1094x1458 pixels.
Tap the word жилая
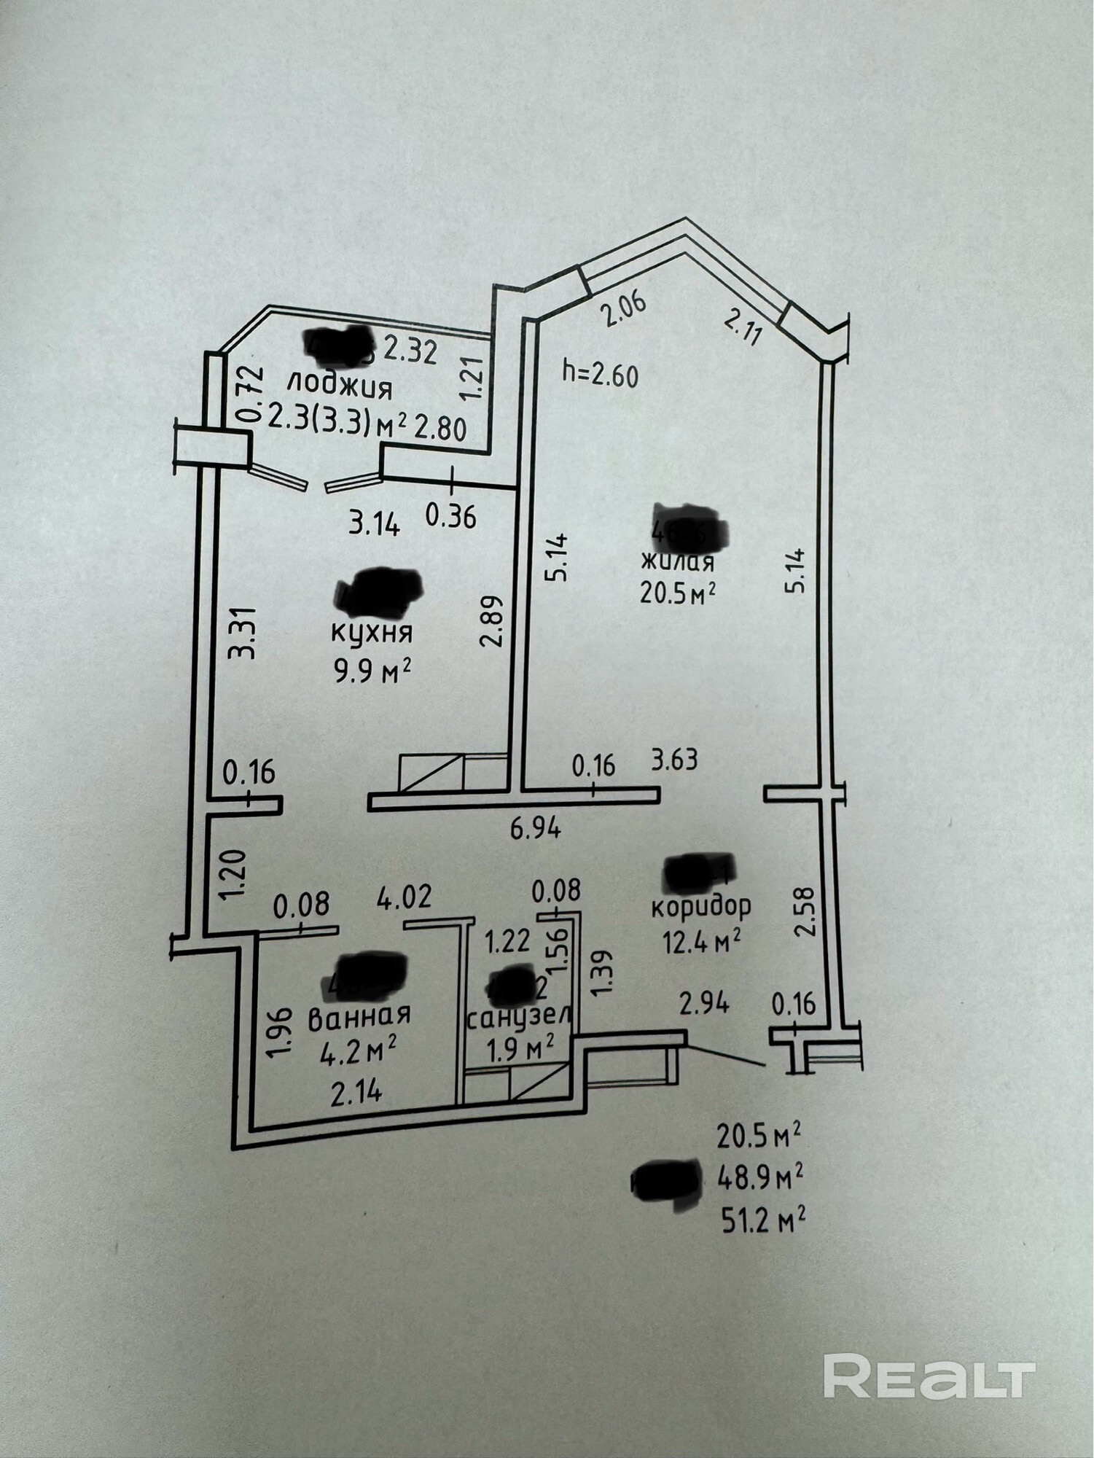677,561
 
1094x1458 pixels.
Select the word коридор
700,906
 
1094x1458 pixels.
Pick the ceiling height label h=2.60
601,375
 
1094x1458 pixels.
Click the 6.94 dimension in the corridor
535,829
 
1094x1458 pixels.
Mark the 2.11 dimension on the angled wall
744,326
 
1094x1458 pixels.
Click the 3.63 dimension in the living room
674,760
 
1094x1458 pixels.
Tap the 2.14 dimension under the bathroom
356,1093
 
